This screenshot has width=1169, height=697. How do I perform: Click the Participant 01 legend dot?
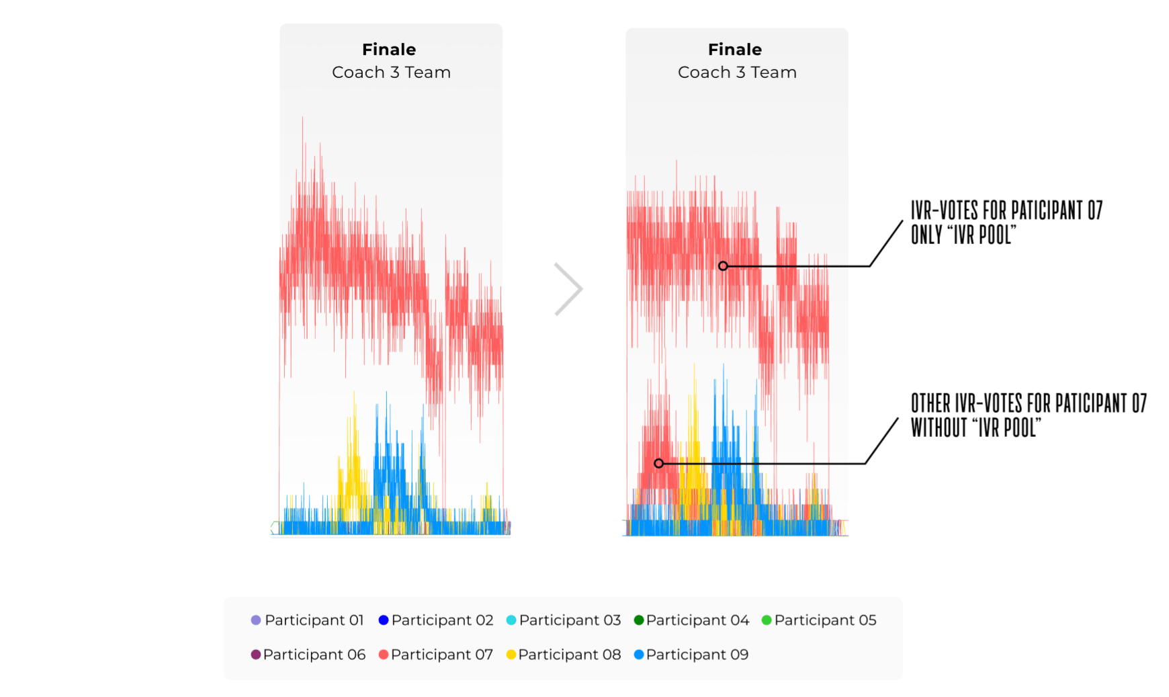pos(255,620)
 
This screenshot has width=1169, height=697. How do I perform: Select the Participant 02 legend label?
pos(442,620)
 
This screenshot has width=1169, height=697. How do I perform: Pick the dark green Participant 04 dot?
pos(638,620)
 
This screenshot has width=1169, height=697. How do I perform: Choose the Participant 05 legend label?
pos(825,620)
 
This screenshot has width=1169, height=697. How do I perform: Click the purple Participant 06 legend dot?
pos(255,655)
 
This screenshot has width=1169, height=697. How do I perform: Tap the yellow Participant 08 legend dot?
pos(511,655)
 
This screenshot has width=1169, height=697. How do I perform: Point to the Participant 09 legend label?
pos(697,655)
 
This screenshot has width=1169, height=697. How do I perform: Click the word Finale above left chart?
pos(389,50)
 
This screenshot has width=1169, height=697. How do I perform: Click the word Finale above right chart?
pos(735,50)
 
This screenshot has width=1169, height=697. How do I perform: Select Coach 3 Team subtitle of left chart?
pos(391,73)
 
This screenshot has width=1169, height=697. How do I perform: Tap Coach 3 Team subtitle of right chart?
pos(737,73)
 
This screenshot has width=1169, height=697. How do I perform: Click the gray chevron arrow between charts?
pos(569,289)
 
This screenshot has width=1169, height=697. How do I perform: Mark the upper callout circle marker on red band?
pos(723,266)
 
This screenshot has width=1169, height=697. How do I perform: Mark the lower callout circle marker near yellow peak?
pos(658,463)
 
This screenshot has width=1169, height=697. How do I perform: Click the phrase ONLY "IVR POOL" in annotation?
pos(963,235)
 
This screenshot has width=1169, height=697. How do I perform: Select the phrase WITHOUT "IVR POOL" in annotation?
pos(976,427)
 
